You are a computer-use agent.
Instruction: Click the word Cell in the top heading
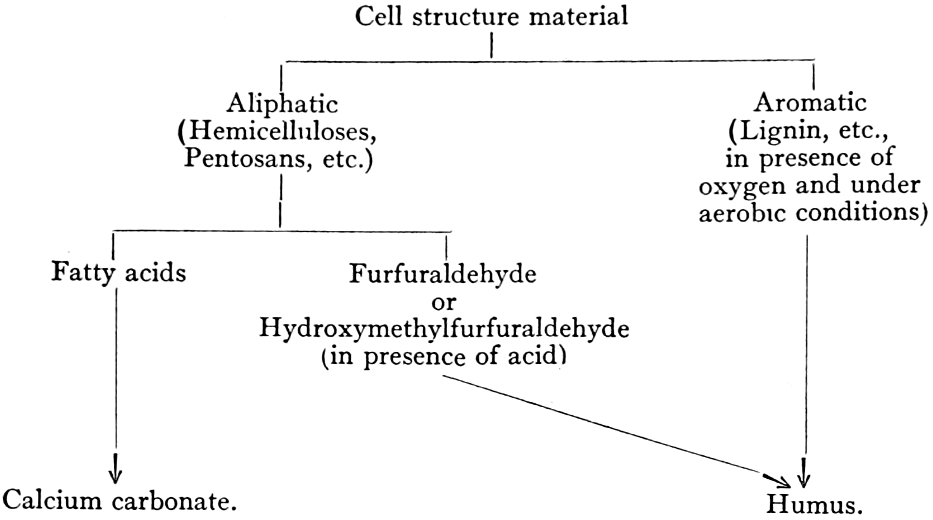pyautogui.click(x=379, y=16)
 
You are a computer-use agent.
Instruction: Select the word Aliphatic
pyautogui.click(x=282, y=103)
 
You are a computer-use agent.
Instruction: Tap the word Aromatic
pyautogui.click(x=811, y=102)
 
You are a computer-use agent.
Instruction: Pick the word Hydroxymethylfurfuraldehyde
pyautogui.click(x=444, y=329)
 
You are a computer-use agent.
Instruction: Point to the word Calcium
pyautogui.click(x=52, y=501)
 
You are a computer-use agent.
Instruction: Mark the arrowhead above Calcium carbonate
pyautogui.click(x=115, y=475)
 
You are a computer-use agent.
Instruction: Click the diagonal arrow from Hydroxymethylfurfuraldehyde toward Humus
pyautogui.click(x=608, y=425)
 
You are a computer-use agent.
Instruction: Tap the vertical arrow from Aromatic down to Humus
pyautogui.click(x=805, y=355)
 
